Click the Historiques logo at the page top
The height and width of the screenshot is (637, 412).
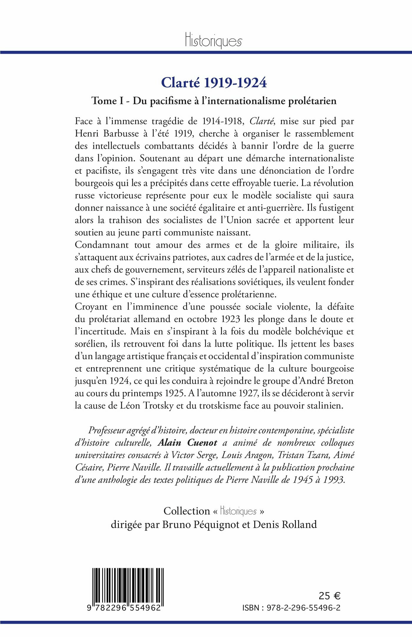[213, 41]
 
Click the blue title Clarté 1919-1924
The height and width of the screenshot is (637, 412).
[214, 83]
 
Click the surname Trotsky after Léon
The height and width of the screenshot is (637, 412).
[158, 406]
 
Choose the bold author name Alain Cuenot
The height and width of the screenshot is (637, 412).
[188, 443]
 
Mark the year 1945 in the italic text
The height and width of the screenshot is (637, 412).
[303, 480]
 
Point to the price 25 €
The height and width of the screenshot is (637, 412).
[329, 596]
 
